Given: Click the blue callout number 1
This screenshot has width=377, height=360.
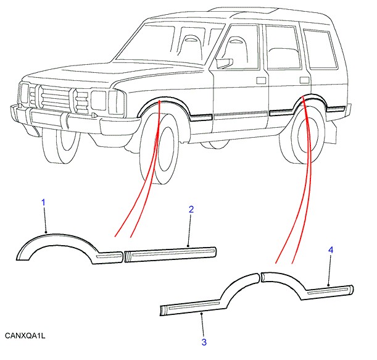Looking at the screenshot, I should point(44,203).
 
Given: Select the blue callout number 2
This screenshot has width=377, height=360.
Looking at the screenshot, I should point(191,210).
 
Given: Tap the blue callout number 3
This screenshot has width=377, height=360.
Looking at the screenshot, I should point(203,341).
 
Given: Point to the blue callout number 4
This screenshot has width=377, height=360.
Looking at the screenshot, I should point(331,249).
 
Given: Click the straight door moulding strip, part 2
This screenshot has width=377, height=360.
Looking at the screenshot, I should point(170,253).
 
